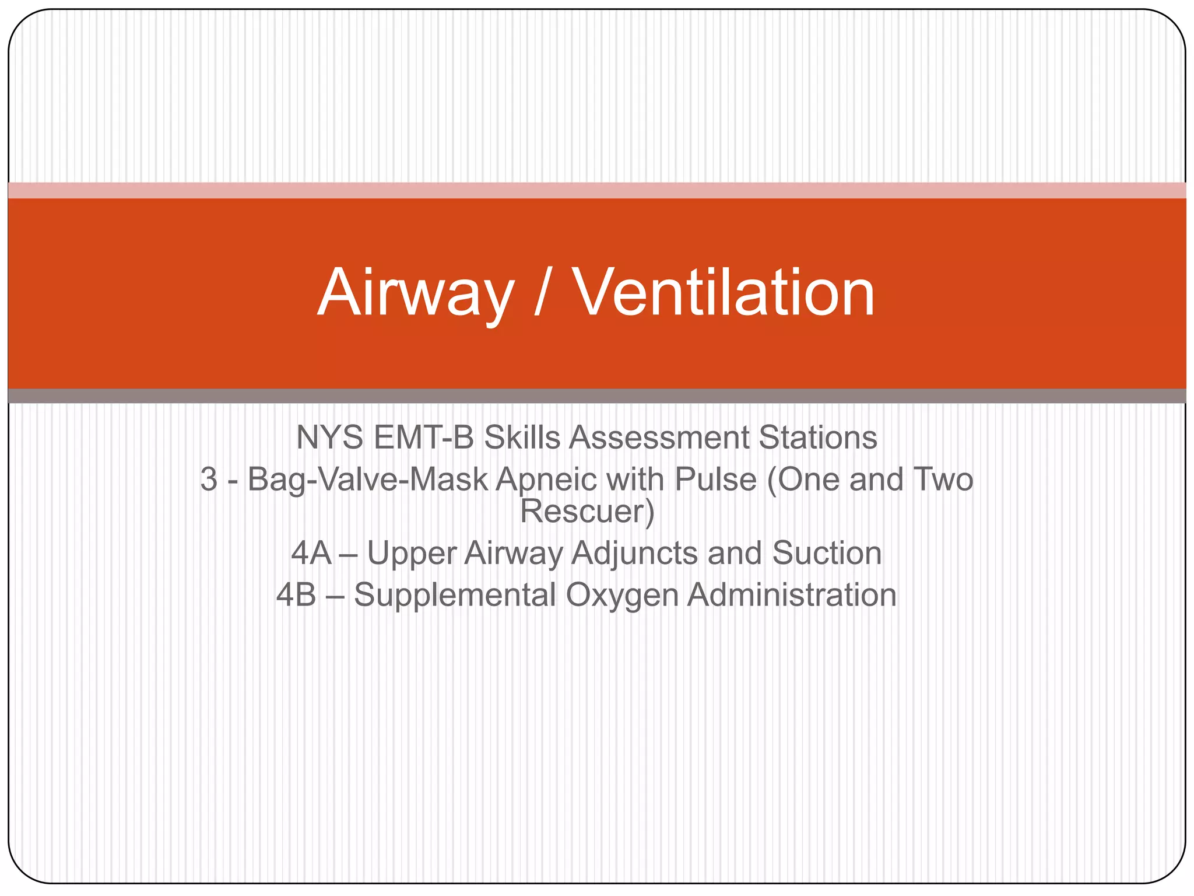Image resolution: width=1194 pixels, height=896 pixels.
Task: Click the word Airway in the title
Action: click(416, 293)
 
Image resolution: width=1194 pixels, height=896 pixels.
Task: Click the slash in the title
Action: click(542, 293)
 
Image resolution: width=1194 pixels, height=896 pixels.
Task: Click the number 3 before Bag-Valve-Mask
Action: click(209, 480)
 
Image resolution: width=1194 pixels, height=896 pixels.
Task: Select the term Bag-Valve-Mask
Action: click(367, 480)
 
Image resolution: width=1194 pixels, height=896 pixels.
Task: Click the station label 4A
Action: click(311, 553)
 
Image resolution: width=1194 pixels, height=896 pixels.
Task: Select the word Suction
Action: click(827, 553)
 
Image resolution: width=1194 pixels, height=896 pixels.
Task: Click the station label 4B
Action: click(296, 595)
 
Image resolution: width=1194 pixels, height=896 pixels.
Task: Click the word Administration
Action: click(792, 595)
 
